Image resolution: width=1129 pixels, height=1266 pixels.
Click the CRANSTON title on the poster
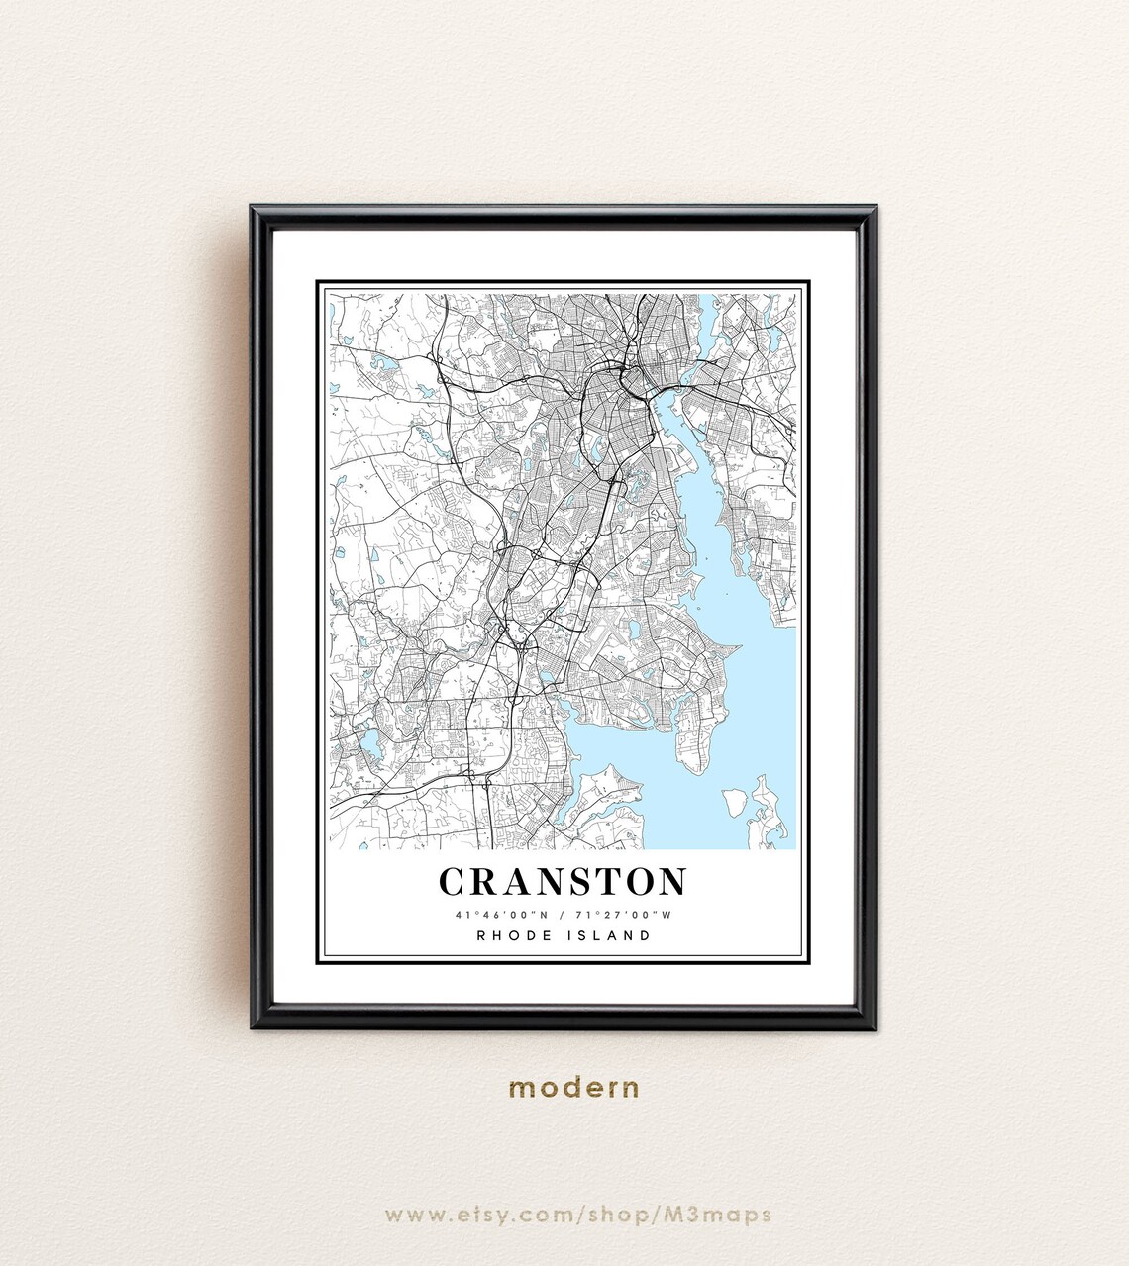click(x=563, y=881)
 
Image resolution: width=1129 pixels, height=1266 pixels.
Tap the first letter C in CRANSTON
click(x=451, y=881)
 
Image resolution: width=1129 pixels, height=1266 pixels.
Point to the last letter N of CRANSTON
click(x=672, y=881)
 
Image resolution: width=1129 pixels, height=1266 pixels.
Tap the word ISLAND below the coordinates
click(x=610, y=935)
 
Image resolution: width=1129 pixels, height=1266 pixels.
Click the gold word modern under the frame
click(x=573, y=1088)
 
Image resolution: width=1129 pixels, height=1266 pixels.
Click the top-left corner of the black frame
click(x=253, y=208)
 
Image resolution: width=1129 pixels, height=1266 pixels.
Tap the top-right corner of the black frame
click(x=874, y=208)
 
